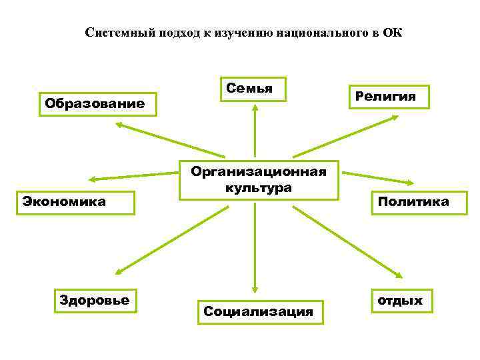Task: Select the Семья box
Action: [x=255, y=89]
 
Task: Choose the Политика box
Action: [x=412, y=201]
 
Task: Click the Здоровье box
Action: [x=94, y=300]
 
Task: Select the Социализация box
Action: [x=259, y=311]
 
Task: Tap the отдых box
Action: [x=400, y=301]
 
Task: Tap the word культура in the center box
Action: [x=258, y=187]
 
